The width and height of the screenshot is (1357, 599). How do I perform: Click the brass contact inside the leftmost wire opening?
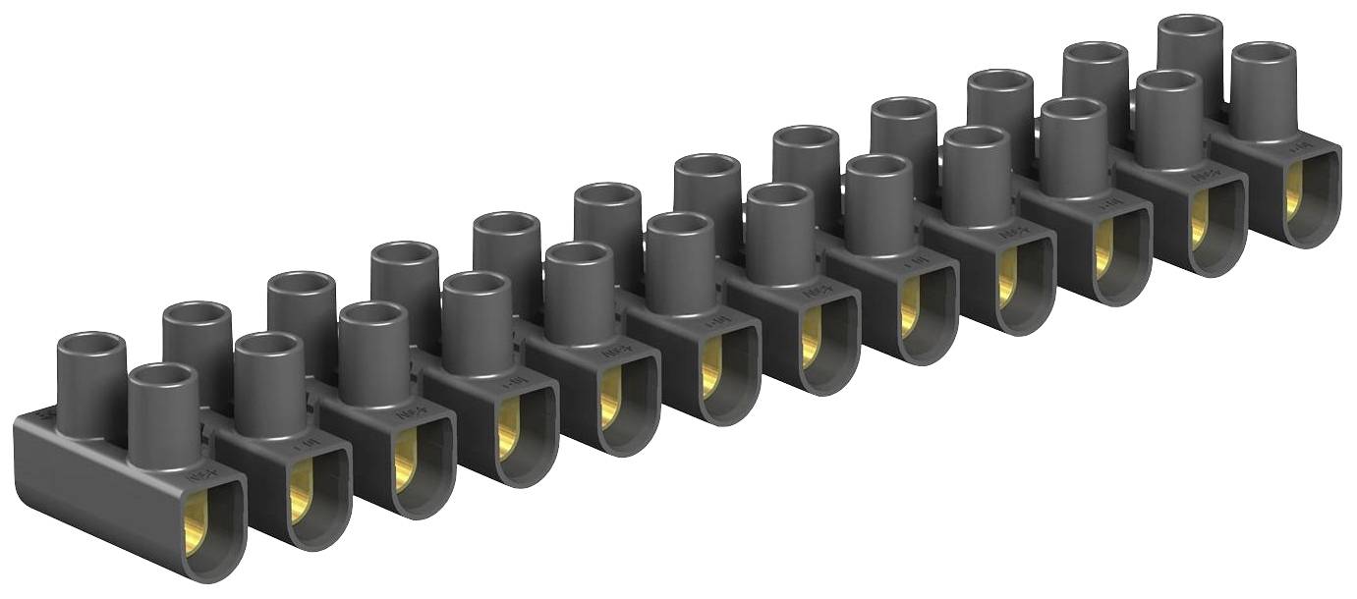pos(197,521)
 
